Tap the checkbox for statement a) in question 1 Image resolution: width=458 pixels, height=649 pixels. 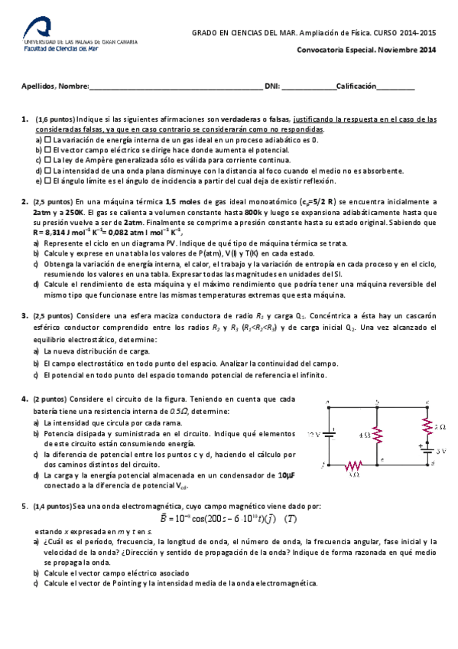[x=47, y=141]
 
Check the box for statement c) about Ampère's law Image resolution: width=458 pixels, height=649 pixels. [x=47, y=161]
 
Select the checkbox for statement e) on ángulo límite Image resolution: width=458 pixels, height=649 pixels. [x=47, y=181]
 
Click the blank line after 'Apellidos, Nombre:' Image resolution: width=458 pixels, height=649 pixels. [x=176, y=87]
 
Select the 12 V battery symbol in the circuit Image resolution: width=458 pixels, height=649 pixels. [x=330, y=433]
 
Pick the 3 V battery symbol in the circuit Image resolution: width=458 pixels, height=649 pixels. [x=424, y=450]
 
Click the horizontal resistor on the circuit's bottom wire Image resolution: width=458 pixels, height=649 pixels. [x=353, y=465]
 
